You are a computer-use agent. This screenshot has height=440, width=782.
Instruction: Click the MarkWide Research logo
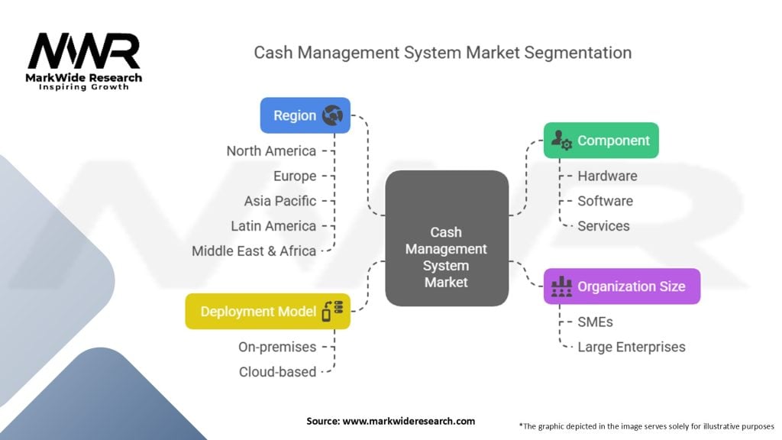[x=84, y=61]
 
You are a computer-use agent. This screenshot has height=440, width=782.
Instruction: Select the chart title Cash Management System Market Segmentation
[x=442, y=53]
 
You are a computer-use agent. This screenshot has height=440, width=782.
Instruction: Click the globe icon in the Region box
[x=332, y=116]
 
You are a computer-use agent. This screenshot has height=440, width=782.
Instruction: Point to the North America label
[x=271, y=150]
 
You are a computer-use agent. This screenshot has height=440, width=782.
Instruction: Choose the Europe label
[x=295, y=176]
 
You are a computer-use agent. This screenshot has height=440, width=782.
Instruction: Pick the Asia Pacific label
[x=280, y=201]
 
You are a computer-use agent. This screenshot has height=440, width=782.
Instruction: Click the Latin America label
[x=273, y=226]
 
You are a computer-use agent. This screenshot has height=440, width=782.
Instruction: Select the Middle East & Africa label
[x=254, y=251]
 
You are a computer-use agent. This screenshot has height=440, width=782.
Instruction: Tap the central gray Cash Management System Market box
[x=447, y=238]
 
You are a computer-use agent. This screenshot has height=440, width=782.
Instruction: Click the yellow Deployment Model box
[x=267, y=312]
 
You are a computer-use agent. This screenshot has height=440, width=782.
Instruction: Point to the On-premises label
[x=276, y=347]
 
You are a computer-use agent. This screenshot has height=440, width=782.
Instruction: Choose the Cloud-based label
[x=277, y=372]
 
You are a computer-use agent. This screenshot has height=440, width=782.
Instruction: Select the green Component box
[x=601, y=141]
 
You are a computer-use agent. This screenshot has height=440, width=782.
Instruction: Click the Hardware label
[x=607, y=176]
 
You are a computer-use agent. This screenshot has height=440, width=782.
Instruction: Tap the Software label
[x=605, y=201]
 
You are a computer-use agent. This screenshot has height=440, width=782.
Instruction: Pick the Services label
[x=603, y=226]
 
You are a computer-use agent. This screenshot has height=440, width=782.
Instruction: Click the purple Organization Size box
[x=622, y=286]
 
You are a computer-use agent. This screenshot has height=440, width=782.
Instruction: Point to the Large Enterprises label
[x=631, y=347]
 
